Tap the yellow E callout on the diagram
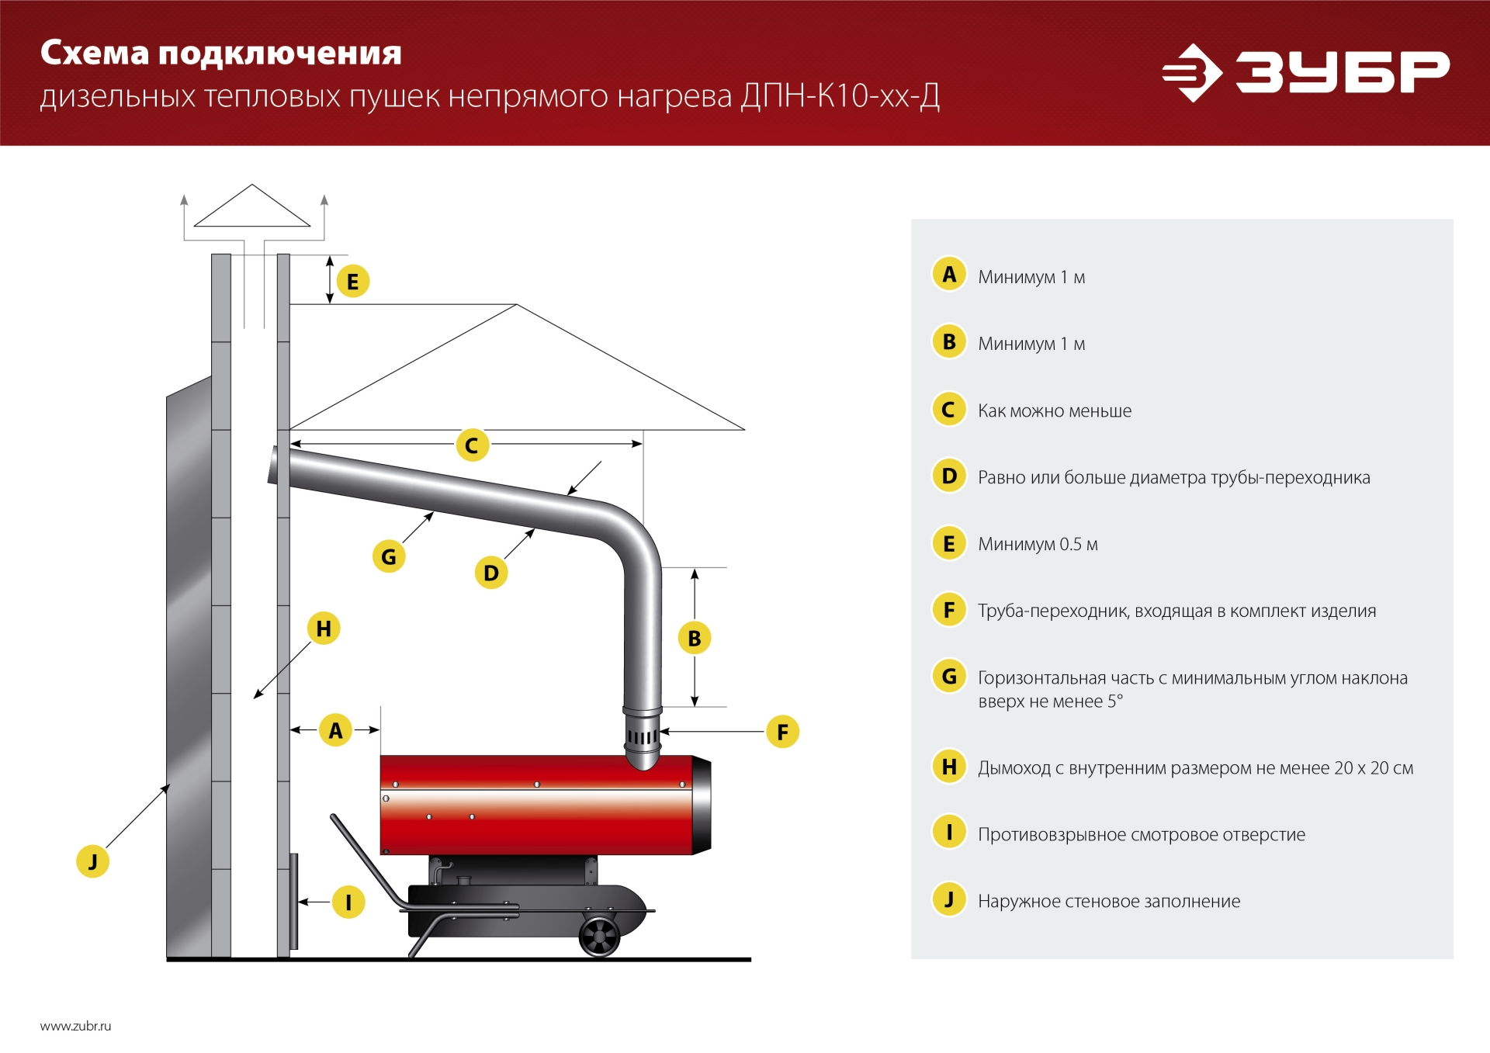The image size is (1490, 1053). click(353, 282)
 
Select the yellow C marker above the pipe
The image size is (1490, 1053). click(472, 445)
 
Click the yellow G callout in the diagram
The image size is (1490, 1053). click(389, 556)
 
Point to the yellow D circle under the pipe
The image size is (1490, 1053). click(491, 573)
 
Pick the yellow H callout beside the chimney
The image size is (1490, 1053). click(324, 628)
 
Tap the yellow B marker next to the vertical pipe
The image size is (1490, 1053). click(695, 638)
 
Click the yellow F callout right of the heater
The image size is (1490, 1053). click(782, 732)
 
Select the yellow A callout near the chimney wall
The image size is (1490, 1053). click(335, 730)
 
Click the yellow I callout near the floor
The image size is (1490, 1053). click(348, 902)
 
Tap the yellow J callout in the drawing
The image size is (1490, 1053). click(92, 861)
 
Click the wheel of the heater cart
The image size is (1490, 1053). click(599, 937)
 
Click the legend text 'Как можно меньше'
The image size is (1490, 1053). click(1054, 411)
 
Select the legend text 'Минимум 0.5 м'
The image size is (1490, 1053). click(1037, 545)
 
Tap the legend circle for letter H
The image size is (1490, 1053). click(948, 767)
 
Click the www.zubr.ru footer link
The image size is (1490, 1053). click(75, 1026)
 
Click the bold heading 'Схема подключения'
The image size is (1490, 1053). click(221, 53)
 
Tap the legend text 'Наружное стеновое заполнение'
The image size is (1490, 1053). click(1108, 902)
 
